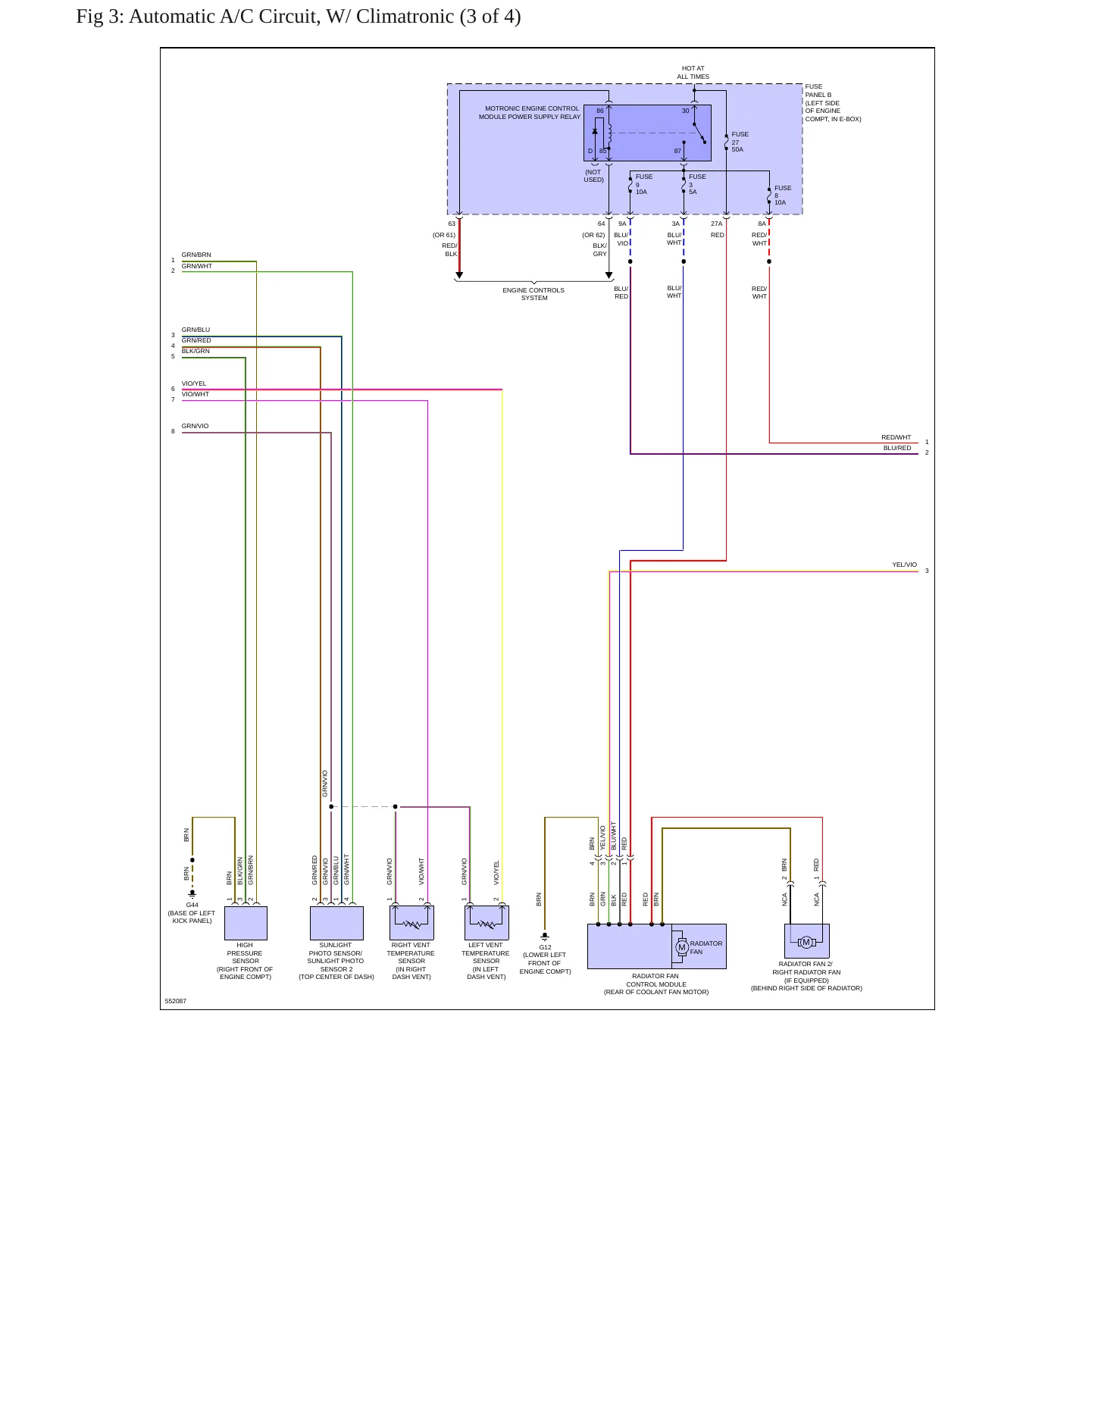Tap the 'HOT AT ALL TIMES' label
pos(693,73)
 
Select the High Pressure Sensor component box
pos(246,923)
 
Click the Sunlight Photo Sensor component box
pos(336,923)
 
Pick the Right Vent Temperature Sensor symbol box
pos(411,923)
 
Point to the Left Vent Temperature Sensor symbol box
pos(486,923)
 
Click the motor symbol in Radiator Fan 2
pos(806,943)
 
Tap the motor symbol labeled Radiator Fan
pos(682,947)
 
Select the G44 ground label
pos(192,905)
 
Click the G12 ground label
pos(546,947)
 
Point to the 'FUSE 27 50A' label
pos(740,142)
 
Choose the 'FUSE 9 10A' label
pos(643,184)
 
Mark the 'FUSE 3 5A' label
pos(697,184)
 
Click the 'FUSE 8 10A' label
pos(783,196)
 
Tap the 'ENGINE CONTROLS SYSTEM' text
pos(533,294)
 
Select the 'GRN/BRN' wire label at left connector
pos(196,255)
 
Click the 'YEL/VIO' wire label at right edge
pos(904,565)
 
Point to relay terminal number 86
pos(600,111)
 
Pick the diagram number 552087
pos(176,1001)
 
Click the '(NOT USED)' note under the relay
pos(593,176)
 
